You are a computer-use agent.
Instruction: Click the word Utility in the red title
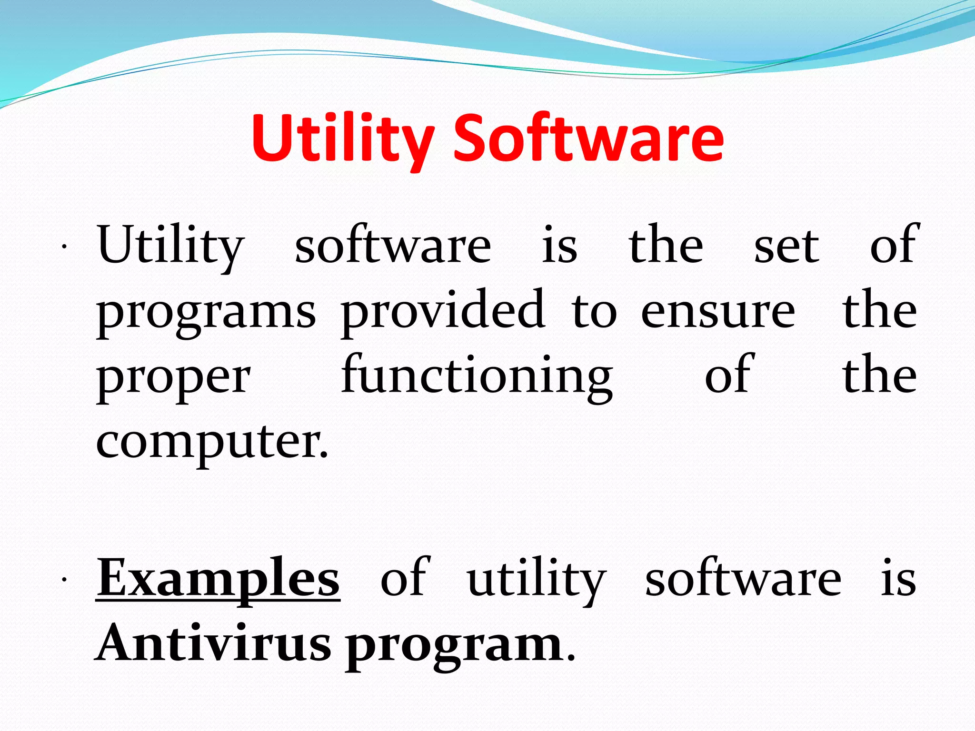(342, 139)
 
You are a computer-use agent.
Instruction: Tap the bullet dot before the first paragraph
(63, 247)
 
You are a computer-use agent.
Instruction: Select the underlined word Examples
(218, 578)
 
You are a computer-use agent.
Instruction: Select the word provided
(442, 310)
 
